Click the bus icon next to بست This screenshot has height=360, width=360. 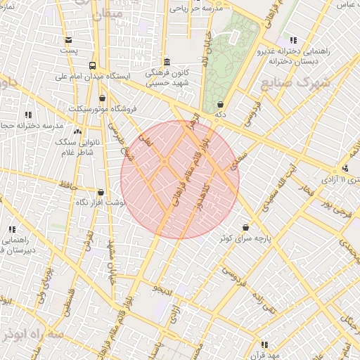67,39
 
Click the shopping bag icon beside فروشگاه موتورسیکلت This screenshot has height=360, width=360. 103,98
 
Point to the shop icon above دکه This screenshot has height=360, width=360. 220,104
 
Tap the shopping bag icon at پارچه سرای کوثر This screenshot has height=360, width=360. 245,227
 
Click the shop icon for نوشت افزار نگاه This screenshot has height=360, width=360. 101,192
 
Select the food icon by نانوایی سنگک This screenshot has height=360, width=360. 77,131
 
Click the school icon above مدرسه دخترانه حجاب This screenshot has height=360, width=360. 29,114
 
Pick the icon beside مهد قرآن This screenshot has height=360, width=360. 264,344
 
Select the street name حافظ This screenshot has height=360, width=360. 67,185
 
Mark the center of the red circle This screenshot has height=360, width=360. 180,180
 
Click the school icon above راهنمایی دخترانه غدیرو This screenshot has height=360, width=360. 292,40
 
